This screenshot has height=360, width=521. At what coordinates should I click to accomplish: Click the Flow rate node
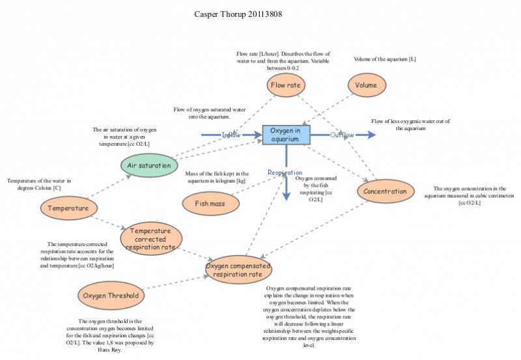(x=287, y=85)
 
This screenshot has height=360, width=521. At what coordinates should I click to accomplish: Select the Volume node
(x=367, y=85)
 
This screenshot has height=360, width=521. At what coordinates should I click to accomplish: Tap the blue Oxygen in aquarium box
(x=287, y=135)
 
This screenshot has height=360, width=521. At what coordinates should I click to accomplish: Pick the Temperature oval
(x=68, y=208)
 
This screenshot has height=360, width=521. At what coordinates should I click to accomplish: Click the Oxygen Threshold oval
(x=110, y=296)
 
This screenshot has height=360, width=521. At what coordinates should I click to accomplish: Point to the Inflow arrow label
(x=232, y=135)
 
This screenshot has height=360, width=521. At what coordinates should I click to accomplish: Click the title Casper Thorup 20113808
(x=238, y=13)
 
